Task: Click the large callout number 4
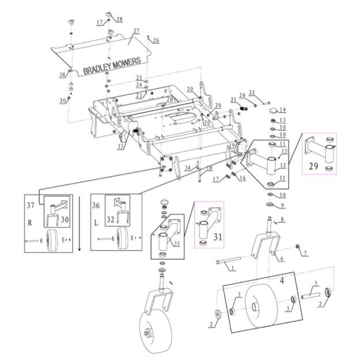(x=282, y=281)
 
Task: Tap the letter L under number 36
(x=96, y=223)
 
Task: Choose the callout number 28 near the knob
(x=119, y=20)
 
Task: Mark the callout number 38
(x=62, y=75)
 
